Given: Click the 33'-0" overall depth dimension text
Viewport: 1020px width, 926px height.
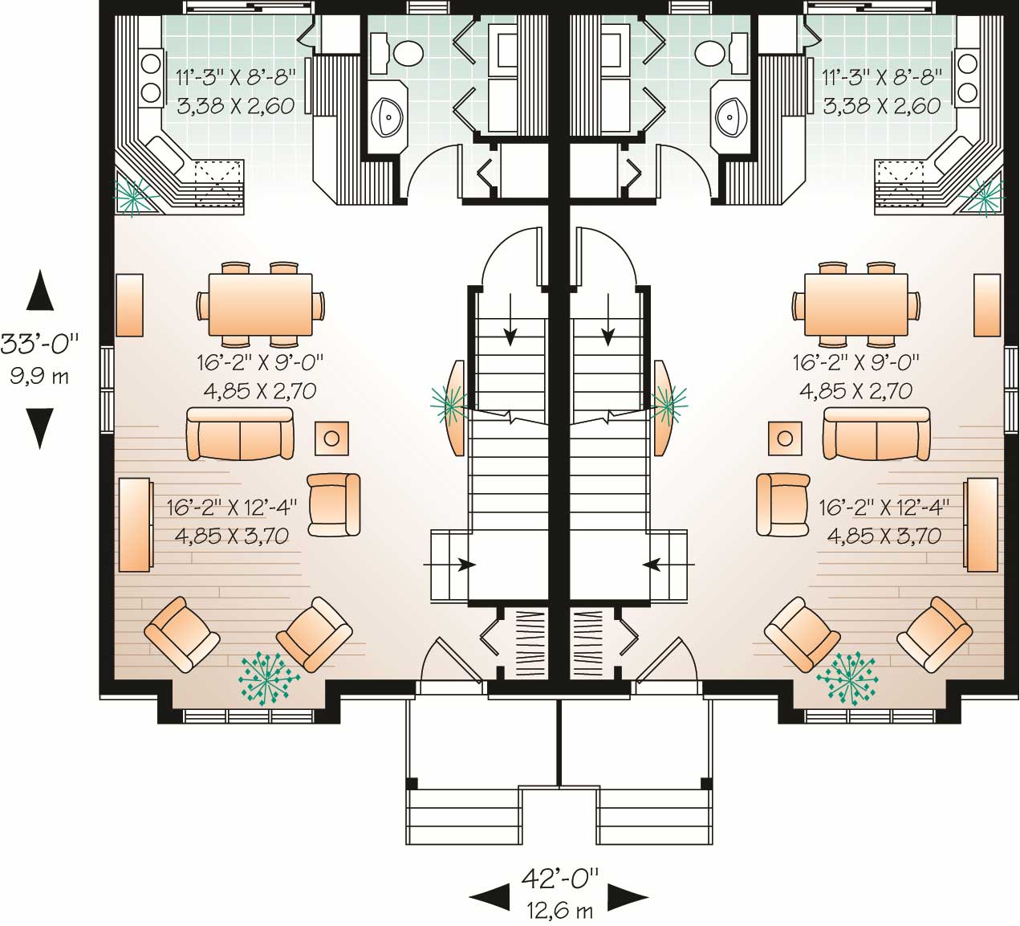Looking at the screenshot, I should point(39,344).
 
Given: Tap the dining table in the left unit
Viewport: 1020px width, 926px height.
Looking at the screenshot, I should point(260,305).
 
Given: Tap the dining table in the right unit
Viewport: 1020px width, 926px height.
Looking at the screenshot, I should point(856,305).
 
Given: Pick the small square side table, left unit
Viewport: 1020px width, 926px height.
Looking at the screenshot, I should point(331,439).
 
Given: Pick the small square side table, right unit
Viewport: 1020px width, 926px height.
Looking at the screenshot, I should point(785,439).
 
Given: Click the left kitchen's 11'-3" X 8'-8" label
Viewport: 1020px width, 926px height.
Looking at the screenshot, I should point(235,78).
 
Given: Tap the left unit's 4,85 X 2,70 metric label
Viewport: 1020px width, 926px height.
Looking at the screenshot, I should point(257,392).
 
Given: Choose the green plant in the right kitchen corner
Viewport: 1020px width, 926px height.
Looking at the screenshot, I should point(984,194).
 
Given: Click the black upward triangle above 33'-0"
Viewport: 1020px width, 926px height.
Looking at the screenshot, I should point(39,291).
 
